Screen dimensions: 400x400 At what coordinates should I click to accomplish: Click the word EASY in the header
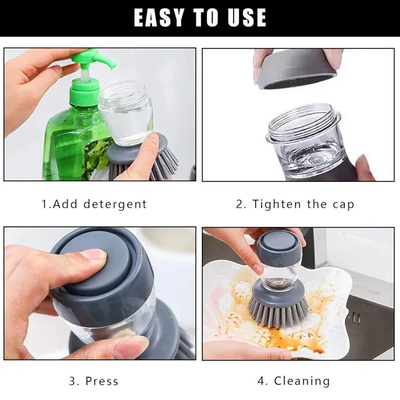point(158,17)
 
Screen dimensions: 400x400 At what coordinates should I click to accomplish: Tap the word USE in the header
point(243,17)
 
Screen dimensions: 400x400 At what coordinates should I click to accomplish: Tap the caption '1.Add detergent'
point(94,204)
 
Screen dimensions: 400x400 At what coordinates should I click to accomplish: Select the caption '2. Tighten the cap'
point(295,204)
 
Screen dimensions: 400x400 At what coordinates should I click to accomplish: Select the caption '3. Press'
point(94,381)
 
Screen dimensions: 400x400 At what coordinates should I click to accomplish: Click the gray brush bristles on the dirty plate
point(278,309)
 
